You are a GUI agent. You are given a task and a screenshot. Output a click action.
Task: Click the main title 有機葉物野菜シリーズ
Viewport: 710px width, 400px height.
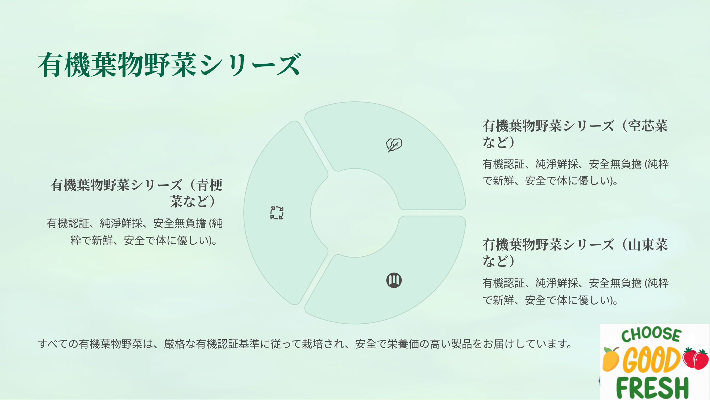click(170, 65)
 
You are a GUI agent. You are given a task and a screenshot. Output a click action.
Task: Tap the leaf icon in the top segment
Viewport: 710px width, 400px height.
click(394, 145)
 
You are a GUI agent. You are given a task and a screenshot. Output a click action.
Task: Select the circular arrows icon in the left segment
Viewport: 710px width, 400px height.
click(277, 213)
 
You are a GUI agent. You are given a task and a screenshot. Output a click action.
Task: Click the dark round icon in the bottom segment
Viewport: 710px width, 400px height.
click(394, 280)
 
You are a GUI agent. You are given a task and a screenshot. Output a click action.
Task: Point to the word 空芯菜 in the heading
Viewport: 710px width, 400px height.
click(648, 126)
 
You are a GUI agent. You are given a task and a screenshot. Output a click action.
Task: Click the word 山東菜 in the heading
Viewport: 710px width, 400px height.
click(648, 245)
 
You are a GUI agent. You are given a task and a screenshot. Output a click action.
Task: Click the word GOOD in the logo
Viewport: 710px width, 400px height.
click(652, 360)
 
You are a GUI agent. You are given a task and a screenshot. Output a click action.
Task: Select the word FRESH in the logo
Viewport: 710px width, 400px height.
click(652, 388)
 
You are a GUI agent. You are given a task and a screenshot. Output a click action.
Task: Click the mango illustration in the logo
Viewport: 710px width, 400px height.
click(611, 359)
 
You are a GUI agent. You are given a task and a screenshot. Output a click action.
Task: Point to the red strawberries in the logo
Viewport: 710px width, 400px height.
click(696, 358)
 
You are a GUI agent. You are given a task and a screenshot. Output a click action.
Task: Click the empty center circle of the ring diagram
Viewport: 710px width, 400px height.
click(355, 213)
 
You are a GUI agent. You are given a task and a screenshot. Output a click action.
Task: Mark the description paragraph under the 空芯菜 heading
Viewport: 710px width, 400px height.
click(576, 172)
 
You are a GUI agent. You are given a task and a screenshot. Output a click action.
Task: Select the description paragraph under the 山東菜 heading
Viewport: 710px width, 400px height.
click(576, 292)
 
